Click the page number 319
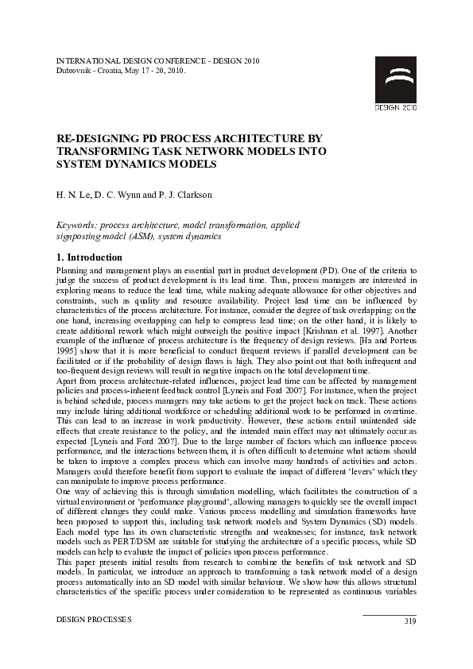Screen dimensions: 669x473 [409, 621]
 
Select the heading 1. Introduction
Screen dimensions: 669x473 [89, 257]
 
